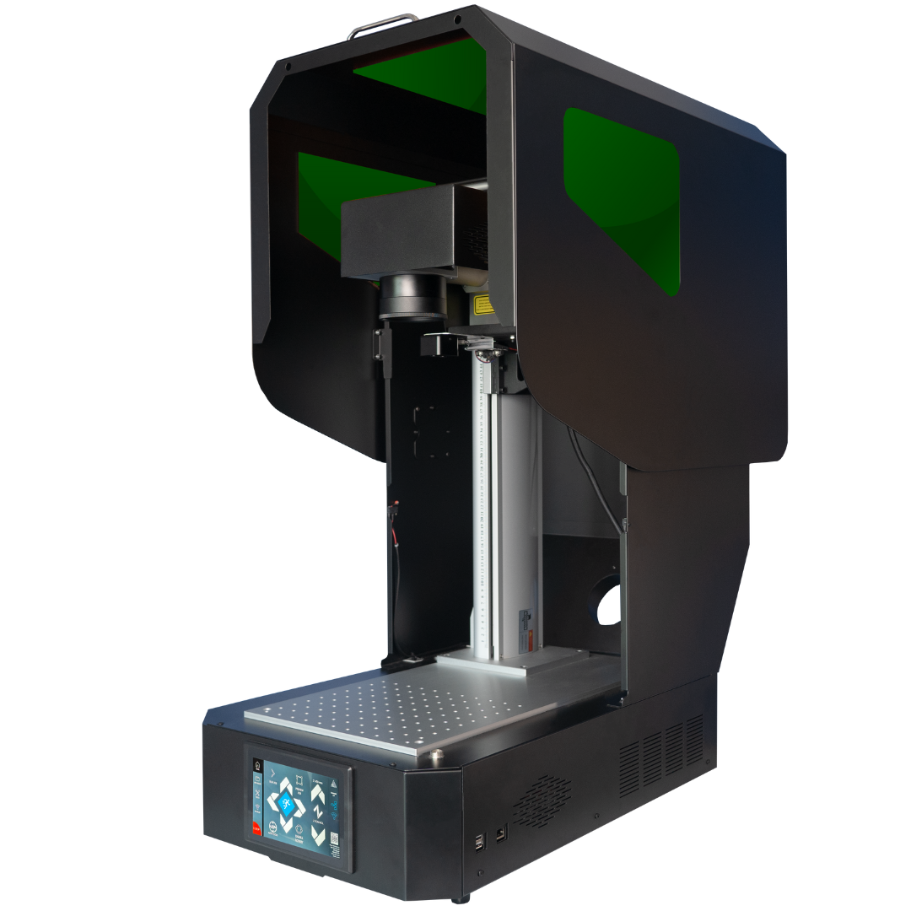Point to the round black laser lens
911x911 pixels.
coord(412,299)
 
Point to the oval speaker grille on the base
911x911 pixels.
coord(541,800)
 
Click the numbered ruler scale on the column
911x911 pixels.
coord(481,506)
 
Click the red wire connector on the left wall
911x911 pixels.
coord(393,511)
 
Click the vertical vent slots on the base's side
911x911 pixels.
coord(662,752)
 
